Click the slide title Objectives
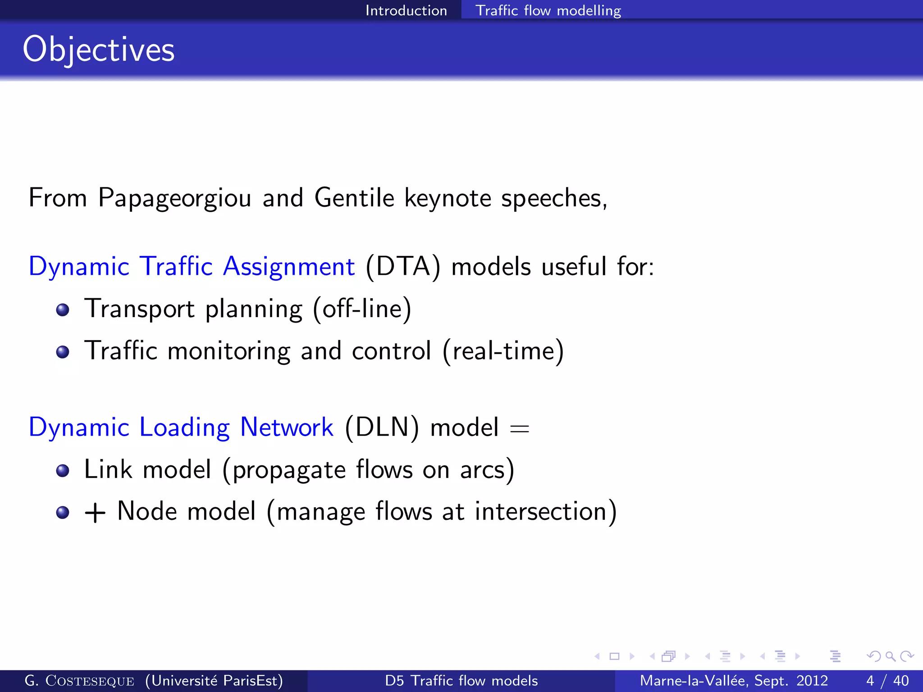(98, 50)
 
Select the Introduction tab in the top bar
(406, 10)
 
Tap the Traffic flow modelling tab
(548, 10)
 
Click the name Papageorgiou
(174, 198)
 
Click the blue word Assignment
(288, 267)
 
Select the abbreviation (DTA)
(403, 267)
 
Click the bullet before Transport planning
(63, 310)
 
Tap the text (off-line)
(362, 309)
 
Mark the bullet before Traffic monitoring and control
(63, 352)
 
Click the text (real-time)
(503, 351)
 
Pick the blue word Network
(287, 427)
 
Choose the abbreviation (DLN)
(382, 427)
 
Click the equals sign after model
(519, 428)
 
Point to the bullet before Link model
(63, 471)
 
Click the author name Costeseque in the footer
(89, 681)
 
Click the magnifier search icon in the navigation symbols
(890, 656)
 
